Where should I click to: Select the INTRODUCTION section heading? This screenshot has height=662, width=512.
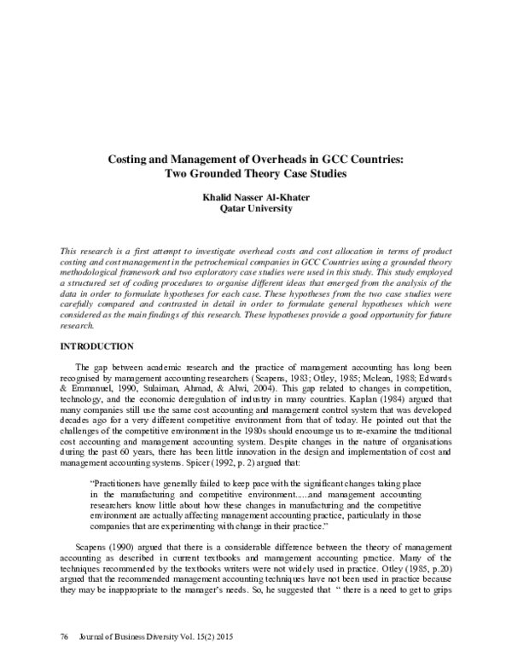point(96,346)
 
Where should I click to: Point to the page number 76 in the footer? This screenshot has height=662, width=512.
point(64,638)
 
